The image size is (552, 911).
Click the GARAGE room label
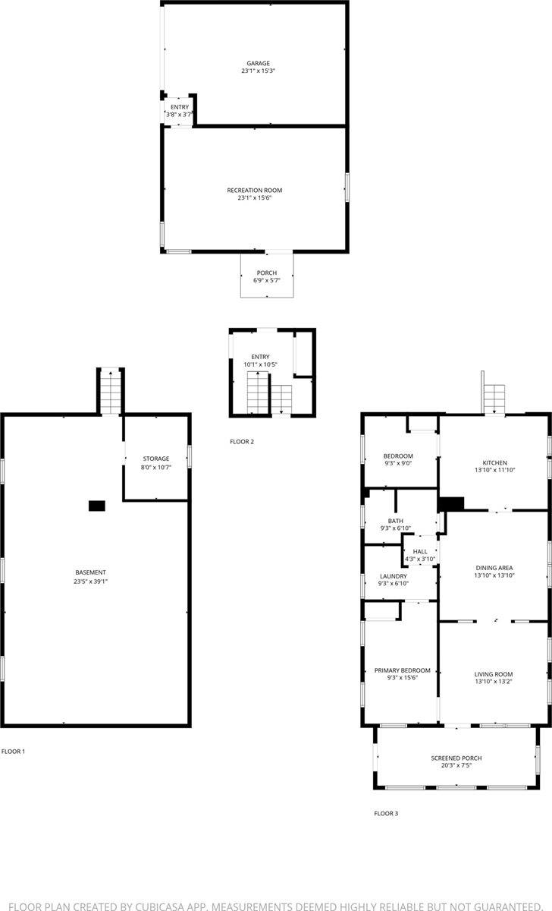258,63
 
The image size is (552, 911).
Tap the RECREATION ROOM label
255,190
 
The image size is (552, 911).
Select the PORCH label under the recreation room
266,273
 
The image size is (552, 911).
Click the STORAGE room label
156,459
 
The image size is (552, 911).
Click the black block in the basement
96,506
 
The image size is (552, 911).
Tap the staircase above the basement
111,391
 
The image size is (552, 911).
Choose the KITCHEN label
495,463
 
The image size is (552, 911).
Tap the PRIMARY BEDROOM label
402,670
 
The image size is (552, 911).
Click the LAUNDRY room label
394,575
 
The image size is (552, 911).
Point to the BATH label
396,521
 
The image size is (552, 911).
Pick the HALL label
420,551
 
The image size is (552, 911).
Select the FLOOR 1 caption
14,752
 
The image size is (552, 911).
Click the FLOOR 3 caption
386,814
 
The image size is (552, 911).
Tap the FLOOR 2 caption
242,441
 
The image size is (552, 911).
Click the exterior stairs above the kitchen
495,396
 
